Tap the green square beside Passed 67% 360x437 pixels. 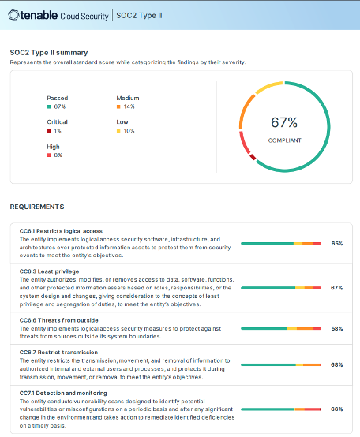click(x=49, y=106)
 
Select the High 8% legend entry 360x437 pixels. click(x=54, y=151)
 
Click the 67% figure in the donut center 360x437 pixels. click(x=284, y=122)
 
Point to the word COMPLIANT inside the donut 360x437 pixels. click(x=284, y=139)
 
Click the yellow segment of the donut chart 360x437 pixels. click(x=268, y=84)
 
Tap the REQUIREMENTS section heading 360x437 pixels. click(x=36, y=207)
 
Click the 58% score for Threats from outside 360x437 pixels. click(x=336, y=328)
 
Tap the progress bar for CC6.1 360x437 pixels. click(x=280, y=244)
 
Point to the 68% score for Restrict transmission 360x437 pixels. click(x=336, y=365)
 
